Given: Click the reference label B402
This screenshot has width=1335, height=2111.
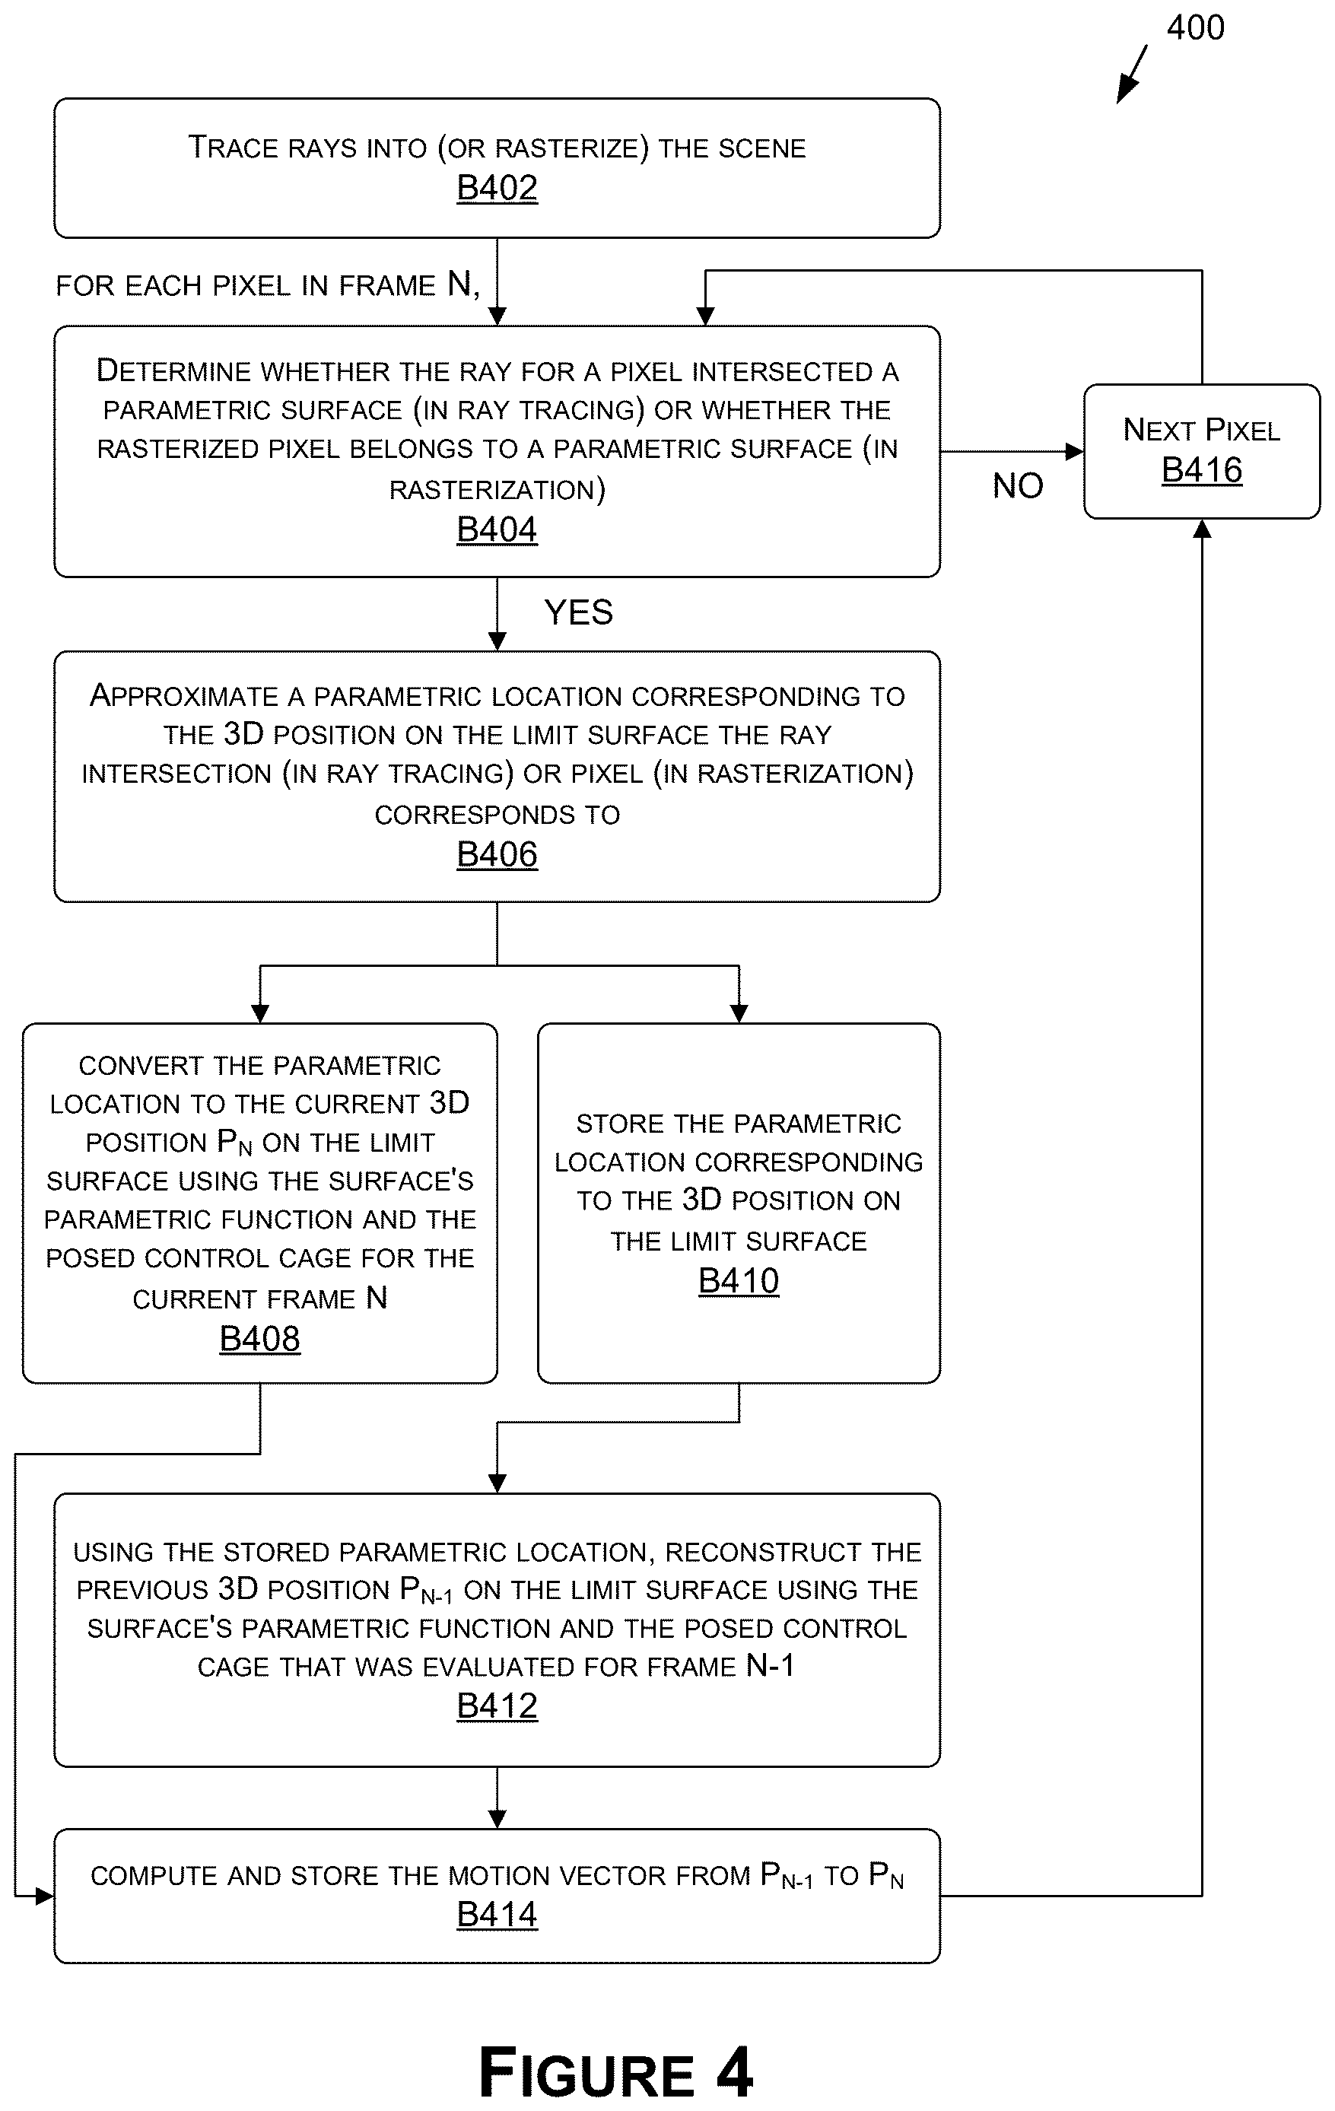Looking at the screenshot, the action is (x=497, y=189).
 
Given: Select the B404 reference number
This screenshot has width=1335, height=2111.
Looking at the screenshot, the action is (x=497, y=530).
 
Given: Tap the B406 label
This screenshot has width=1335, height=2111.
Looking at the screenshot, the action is (x=497, y=855).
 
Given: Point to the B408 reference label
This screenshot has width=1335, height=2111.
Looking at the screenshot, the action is (x=259, y=1340).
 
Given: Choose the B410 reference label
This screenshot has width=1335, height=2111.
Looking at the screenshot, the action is (x=739, y=1282).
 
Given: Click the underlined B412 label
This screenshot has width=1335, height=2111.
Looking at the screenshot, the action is (x=497, y=1707).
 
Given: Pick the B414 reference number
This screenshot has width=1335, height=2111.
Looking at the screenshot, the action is (x=497, y=1915).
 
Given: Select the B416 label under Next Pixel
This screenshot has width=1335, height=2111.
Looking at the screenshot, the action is (x=1202, y=471).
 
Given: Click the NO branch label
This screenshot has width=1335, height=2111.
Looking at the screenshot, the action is (x=1018, y=485).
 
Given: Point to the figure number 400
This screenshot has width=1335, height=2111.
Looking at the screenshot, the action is (x=1196, y=28).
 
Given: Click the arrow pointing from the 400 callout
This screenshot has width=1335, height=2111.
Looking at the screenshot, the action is (x=1132, y=75).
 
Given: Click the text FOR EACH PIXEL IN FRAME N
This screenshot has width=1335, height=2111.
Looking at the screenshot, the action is (x=267, y=285).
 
